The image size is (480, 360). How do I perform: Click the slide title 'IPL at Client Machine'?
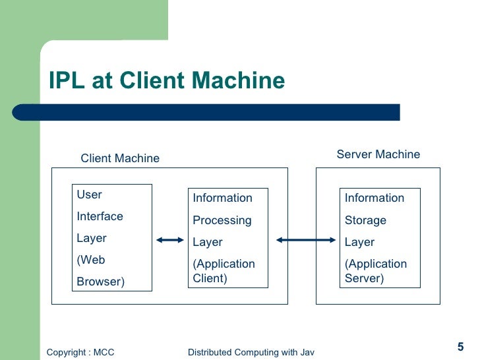pos(167,80)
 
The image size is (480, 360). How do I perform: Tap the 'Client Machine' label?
pos(120,158)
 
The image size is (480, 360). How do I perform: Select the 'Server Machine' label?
pos(378,154)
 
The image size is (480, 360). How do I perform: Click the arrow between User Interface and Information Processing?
pos(170,241)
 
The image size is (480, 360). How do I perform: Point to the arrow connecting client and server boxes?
pos(306,241)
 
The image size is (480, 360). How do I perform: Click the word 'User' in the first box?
pos(89,195)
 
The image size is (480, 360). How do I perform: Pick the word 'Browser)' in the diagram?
pos(100,282)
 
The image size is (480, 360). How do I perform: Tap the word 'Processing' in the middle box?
pos(222,220)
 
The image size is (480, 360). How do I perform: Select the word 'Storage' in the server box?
pos(365,220)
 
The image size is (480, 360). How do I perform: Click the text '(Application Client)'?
pos(224,271)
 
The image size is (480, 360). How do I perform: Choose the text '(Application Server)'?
pos(376,271)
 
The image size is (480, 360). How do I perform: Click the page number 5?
pos(460,347)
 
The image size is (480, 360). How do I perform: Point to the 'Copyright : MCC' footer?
pos(80,353)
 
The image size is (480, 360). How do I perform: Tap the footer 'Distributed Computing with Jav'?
pos(251,353)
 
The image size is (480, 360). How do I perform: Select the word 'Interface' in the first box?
pos(100,216)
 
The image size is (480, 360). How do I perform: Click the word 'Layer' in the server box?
pos(359,242)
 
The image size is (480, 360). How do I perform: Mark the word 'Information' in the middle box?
pos(222,198)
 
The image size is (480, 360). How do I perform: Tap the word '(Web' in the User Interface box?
pos(91,260)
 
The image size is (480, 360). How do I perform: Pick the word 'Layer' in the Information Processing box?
pos(207,242)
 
